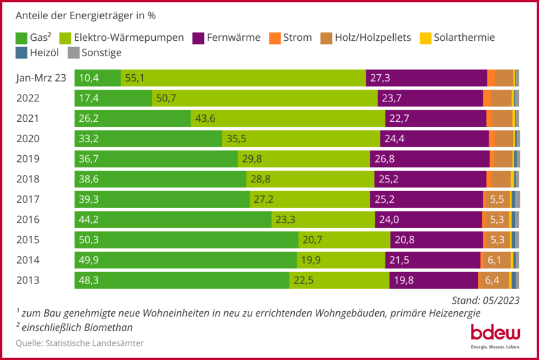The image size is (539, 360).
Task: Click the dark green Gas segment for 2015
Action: coord(186,240)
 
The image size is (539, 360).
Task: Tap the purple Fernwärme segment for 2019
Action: coord(430,159)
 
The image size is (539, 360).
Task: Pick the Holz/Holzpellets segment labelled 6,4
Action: coord(493,280)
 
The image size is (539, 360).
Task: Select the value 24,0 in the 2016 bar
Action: coord(390,220)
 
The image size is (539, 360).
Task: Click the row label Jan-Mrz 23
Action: coord(41,78)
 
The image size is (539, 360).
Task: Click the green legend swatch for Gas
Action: coord(22,38)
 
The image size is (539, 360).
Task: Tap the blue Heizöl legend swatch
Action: coord(22,53)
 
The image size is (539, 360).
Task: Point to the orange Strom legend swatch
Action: coord(275,38)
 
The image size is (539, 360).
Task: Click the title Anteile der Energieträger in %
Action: coord(85,15)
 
